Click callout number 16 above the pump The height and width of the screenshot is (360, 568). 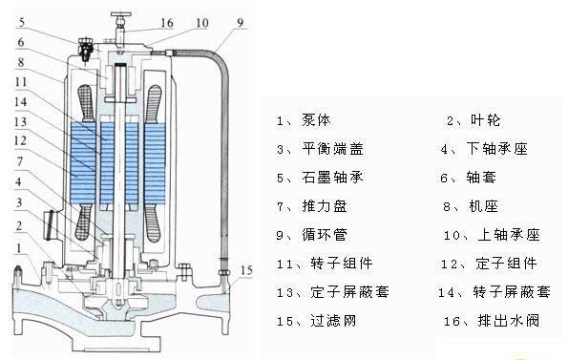point(167,23)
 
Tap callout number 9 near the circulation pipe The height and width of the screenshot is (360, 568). point(241,23)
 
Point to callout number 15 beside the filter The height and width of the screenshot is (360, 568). point(246,270)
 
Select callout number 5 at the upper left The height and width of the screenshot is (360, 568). point(22,23)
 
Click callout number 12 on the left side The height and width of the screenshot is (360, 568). point(20,140)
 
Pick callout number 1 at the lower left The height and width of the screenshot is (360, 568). point(19,248)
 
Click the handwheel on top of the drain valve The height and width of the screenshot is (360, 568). point(121,15)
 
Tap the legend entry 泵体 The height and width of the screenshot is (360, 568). point(316,120)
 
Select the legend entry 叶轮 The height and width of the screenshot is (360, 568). point(485,120)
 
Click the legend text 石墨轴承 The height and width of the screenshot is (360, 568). point(332,178)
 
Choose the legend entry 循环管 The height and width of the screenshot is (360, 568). point(325,235)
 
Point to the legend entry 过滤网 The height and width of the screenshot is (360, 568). point(333,321)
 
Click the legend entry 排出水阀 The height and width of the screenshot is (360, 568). point(508,321)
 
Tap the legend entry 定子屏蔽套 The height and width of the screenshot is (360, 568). point(350,292)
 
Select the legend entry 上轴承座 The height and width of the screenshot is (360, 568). point(509,235)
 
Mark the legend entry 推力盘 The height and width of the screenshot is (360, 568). point(325,206)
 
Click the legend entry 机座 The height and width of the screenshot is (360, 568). point(483,206)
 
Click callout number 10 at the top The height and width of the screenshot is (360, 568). point(202,23)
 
